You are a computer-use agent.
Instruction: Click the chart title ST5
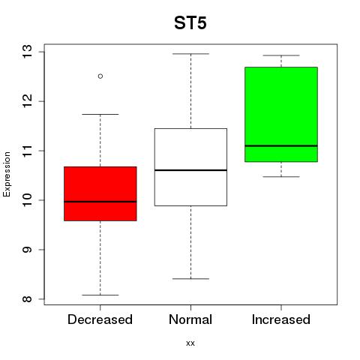[x=190, y=23]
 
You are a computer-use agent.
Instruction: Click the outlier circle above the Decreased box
[x=100, y=76]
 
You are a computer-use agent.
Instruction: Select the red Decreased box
[x=100, y=193]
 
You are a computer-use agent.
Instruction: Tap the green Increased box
[x=281, y=115]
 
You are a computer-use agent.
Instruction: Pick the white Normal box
[x=190, y=167]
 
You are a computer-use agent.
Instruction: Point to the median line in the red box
[x=100, y=202]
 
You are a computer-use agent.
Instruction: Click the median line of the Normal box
[x=190, y=170]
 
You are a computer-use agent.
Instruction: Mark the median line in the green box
[x=281, y=145]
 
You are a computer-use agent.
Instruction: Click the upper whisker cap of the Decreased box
[x=100, y=114]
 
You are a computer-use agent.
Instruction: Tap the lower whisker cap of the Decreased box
[x=100, y=295]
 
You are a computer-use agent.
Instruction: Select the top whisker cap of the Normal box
[x=190, y=54]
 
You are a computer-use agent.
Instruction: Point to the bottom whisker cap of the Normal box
[x=190, y=279]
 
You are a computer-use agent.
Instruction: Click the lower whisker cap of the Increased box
[x=281, y=177]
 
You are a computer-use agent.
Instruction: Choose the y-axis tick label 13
[x=28, y=52]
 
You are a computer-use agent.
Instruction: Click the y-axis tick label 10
[x=28, y=200]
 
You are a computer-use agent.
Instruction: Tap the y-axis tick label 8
[x=28, y=299]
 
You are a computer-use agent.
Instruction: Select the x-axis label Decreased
[x=100, y=319]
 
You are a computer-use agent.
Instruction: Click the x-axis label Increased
[x=281, y=319]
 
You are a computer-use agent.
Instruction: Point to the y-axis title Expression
[x=7, y=174]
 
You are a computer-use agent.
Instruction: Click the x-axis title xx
[x=190, y=343]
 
